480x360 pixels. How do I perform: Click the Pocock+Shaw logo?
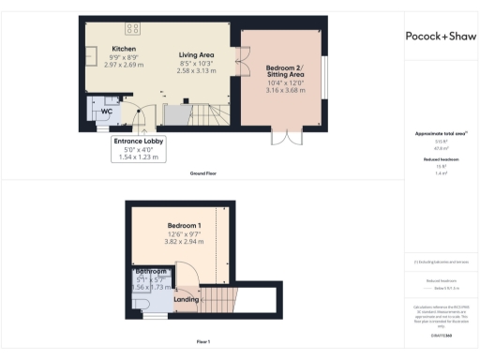[441, 37]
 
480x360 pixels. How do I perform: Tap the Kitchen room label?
[125, 48]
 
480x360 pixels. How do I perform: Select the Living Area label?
[197, 55]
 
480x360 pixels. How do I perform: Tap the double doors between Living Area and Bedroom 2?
[239, 68]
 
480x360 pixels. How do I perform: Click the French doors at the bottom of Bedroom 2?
[282, 138]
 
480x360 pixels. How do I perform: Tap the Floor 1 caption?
[202, 342]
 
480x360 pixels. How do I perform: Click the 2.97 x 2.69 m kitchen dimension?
[125, 66]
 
